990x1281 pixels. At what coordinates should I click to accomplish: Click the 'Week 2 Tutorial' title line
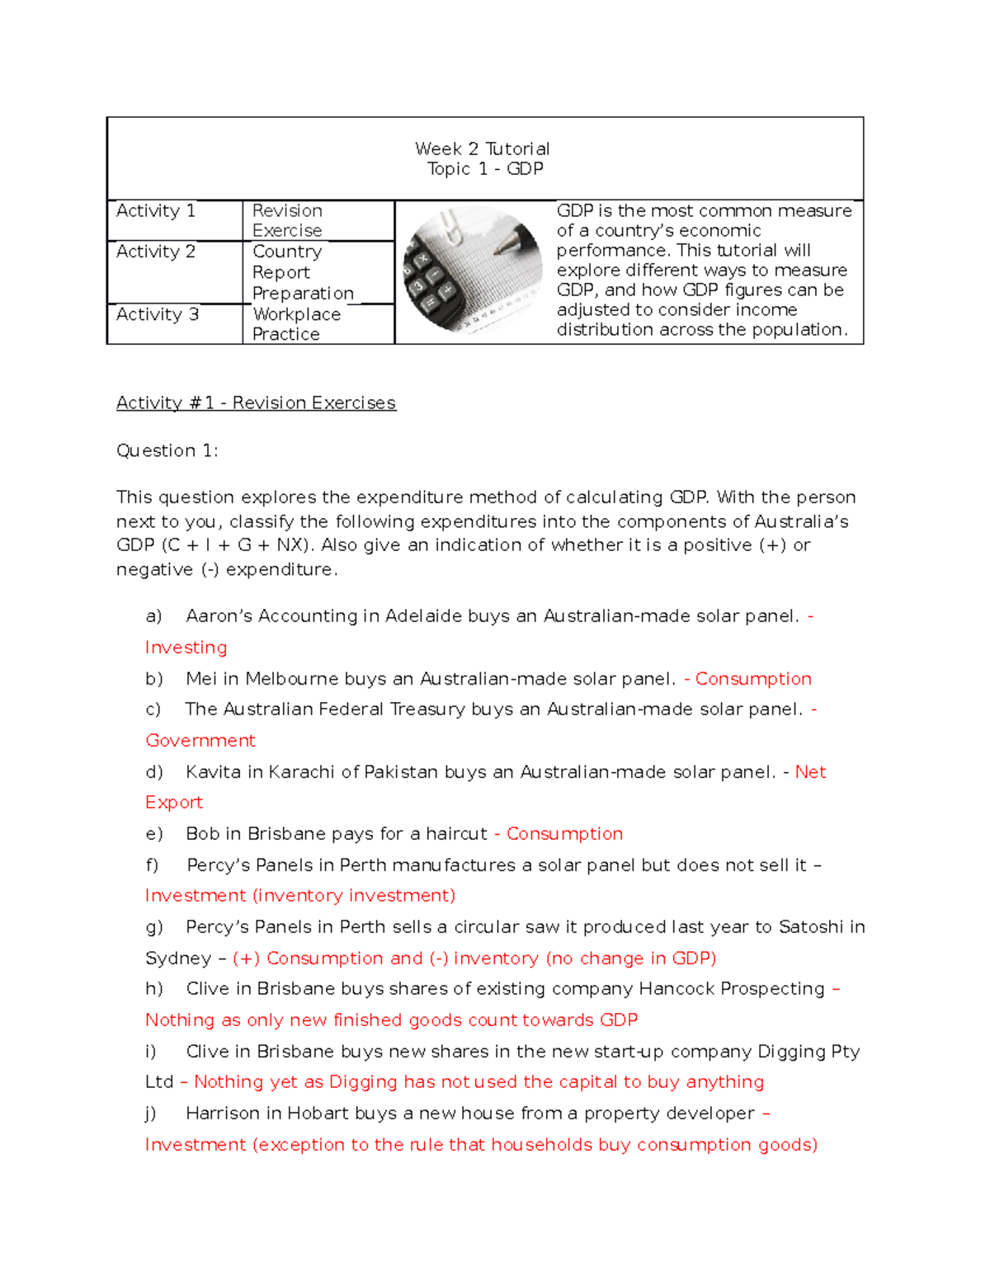click(482, 148)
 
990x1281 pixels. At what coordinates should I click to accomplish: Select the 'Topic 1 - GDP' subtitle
click(484, 169)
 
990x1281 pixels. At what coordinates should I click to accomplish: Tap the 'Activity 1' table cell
click(156, 211)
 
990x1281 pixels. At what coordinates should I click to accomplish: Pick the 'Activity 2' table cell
click(156, 252)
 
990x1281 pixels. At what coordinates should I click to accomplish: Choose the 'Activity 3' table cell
click(157, 314)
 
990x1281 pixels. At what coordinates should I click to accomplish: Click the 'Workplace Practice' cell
click(296, 324)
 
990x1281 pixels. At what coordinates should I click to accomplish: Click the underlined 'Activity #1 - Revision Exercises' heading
click(256, 403)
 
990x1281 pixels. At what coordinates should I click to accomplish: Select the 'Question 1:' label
click(167, 450)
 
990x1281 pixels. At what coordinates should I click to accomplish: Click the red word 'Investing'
click(186, 648)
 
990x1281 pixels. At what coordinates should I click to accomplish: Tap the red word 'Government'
click(200, 741)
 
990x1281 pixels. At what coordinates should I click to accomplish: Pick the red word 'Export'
click(174, 803)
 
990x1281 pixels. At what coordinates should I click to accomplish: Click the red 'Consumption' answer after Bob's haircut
click(564, 834)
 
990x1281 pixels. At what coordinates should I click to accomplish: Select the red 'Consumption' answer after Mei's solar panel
click(753, 679)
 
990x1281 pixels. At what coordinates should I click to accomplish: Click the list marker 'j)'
click(151, 1114)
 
